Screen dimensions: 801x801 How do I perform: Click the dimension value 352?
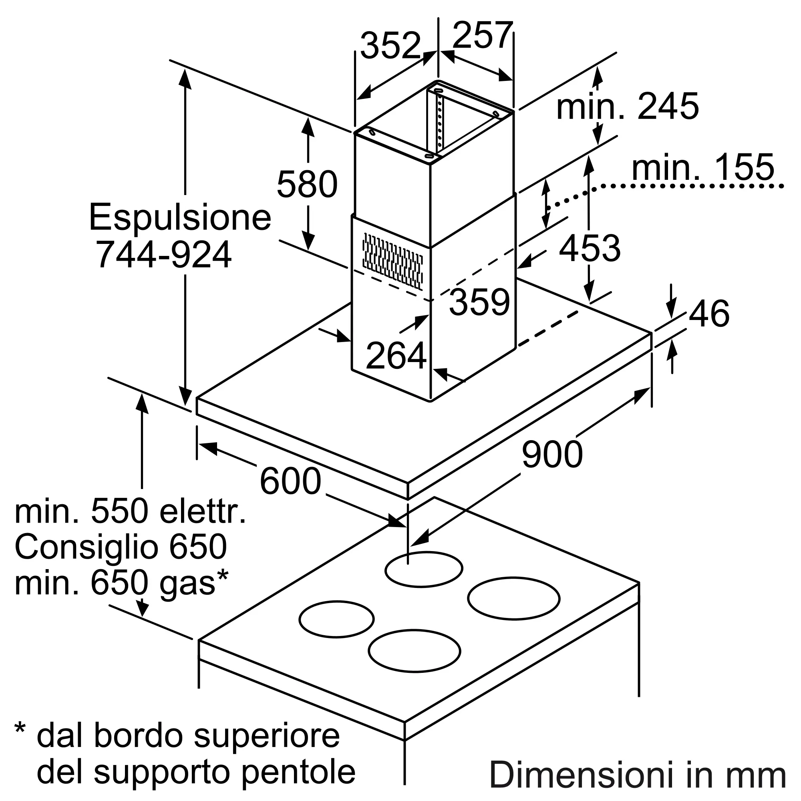390,45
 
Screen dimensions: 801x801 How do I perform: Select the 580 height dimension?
307,184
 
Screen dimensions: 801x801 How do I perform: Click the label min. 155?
703,167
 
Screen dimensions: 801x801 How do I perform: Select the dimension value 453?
590,248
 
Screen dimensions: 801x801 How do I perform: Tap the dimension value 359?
479,302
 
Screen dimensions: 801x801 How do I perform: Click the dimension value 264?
396,355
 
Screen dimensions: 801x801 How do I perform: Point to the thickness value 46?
709,314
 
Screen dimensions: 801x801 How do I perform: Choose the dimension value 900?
552,455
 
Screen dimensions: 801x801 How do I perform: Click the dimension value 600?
290,481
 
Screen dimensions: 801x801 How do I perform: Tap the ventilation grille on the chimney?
392,261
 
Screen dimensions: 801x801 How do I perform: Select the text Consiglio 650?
121,547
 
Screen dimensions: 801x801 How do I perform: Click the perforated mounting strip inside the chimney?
440,121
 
